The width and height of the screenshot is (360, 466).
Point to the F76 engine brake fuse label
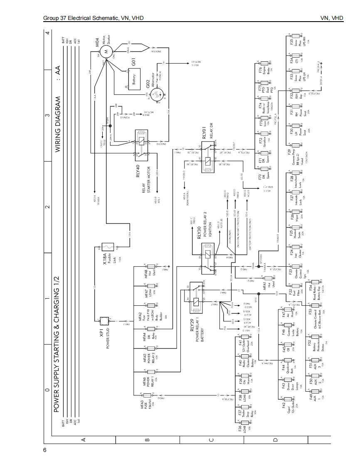260,69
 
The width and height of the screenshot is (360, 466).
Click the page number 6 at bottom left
45,451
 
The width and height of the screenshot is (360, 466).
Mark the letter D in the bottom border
275,439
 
